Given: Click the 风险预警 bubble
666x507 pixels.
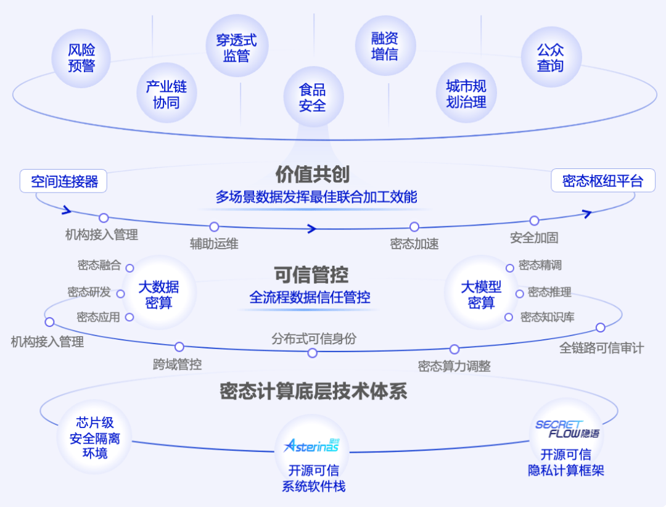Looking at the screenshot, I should tap(81, 58).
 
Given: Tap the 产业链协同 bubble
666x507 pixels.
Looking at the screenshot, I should tap(166, 94).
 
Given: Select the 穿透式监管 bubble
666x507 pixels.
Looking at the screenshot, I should tap(237, 49).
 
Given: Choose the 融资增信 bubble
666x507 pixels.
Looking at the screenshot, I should tap(385, 46).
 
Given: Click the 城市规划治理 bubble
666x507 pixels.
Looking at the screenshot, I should tap(466, 94).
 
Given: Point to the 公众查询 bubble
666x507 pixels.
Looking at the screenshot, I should tap(550, 57).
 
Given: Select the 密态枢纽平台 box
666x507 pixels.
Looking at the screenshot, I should tap(602, 181).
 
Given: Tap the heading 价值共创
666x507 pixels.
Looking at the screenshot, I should tap(312, 175).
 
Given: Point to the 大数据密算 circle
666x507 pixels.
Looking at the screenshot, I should tap(158, 294).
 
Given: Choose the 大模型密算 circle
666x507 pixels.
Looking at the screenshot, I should tap(481, 294).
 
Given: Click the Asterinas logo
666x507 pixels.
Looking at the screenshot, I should tap(311, 445).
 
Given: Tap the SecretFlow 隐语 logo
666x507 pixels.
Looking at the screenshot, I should tap(566, 429).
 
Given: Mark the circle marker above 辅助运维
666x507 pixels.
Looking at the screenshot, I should tap(214, 227).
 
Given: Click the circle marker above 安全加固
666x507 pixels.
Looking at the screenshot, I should tap(534, 221).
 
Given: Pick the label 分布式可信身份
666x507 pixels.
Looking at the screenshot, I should tap(313, 339).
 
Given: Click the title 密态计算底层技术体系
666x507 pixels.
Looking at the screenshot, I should tap(313, 391).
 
